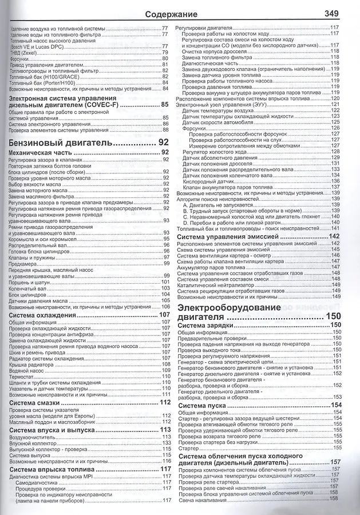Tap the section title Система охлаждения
pyautogui.click(x=43, y=315)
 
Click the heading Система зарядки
pyautogui.click(x=205, y=325)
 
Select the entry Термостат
pyautogui.click(x=22, y=377)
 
